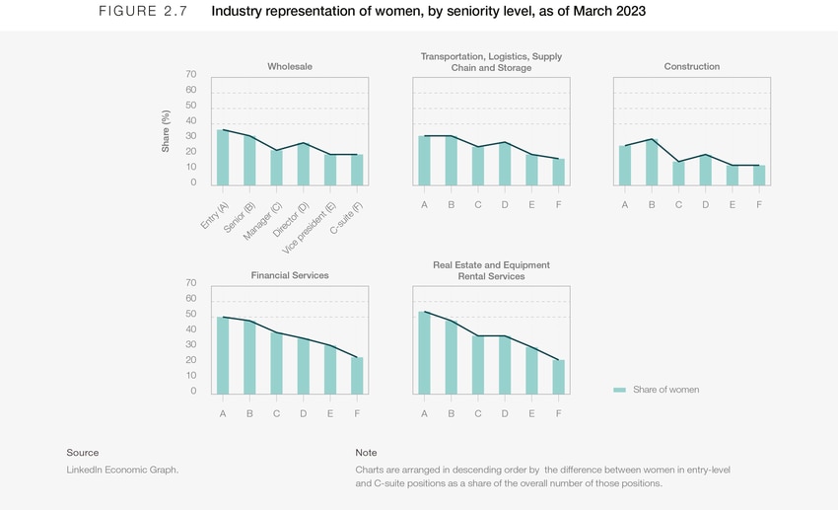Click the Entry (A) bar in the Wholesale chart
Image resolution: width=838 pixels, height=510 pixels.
223,158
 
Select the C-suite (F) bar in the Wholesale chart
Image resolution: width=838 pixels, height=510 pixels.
357,170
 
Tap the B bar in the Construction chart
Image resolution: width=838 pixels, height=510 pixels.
651,162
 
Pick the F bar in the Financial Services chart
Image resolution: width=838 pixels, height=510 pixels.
357,375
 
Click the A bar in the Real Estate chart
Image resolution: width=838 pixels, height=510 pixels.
424,352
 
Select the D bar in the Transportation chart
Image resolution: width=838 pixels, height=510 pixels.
505,164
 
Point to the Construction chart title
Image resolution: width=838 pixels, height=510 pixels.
692,67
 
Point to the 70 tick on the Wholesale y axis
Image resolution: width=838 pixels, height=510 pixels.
190,75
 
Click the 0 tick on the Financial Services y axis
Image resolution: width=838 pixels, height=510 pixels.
193,392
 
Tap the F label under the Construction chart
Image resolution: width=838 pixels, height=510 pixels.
759,205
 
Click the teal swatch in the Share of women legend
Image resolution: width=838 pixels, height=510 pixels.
619,390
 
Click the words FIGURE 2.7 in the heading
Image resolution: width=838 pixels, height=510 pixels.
142,12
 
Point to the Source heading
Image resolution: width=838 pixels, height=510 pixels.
83,453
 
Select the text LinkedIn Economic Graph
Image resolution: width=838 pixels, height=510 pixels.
122,470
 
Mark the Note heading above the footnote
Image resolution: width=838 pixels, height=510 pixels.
366,453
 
